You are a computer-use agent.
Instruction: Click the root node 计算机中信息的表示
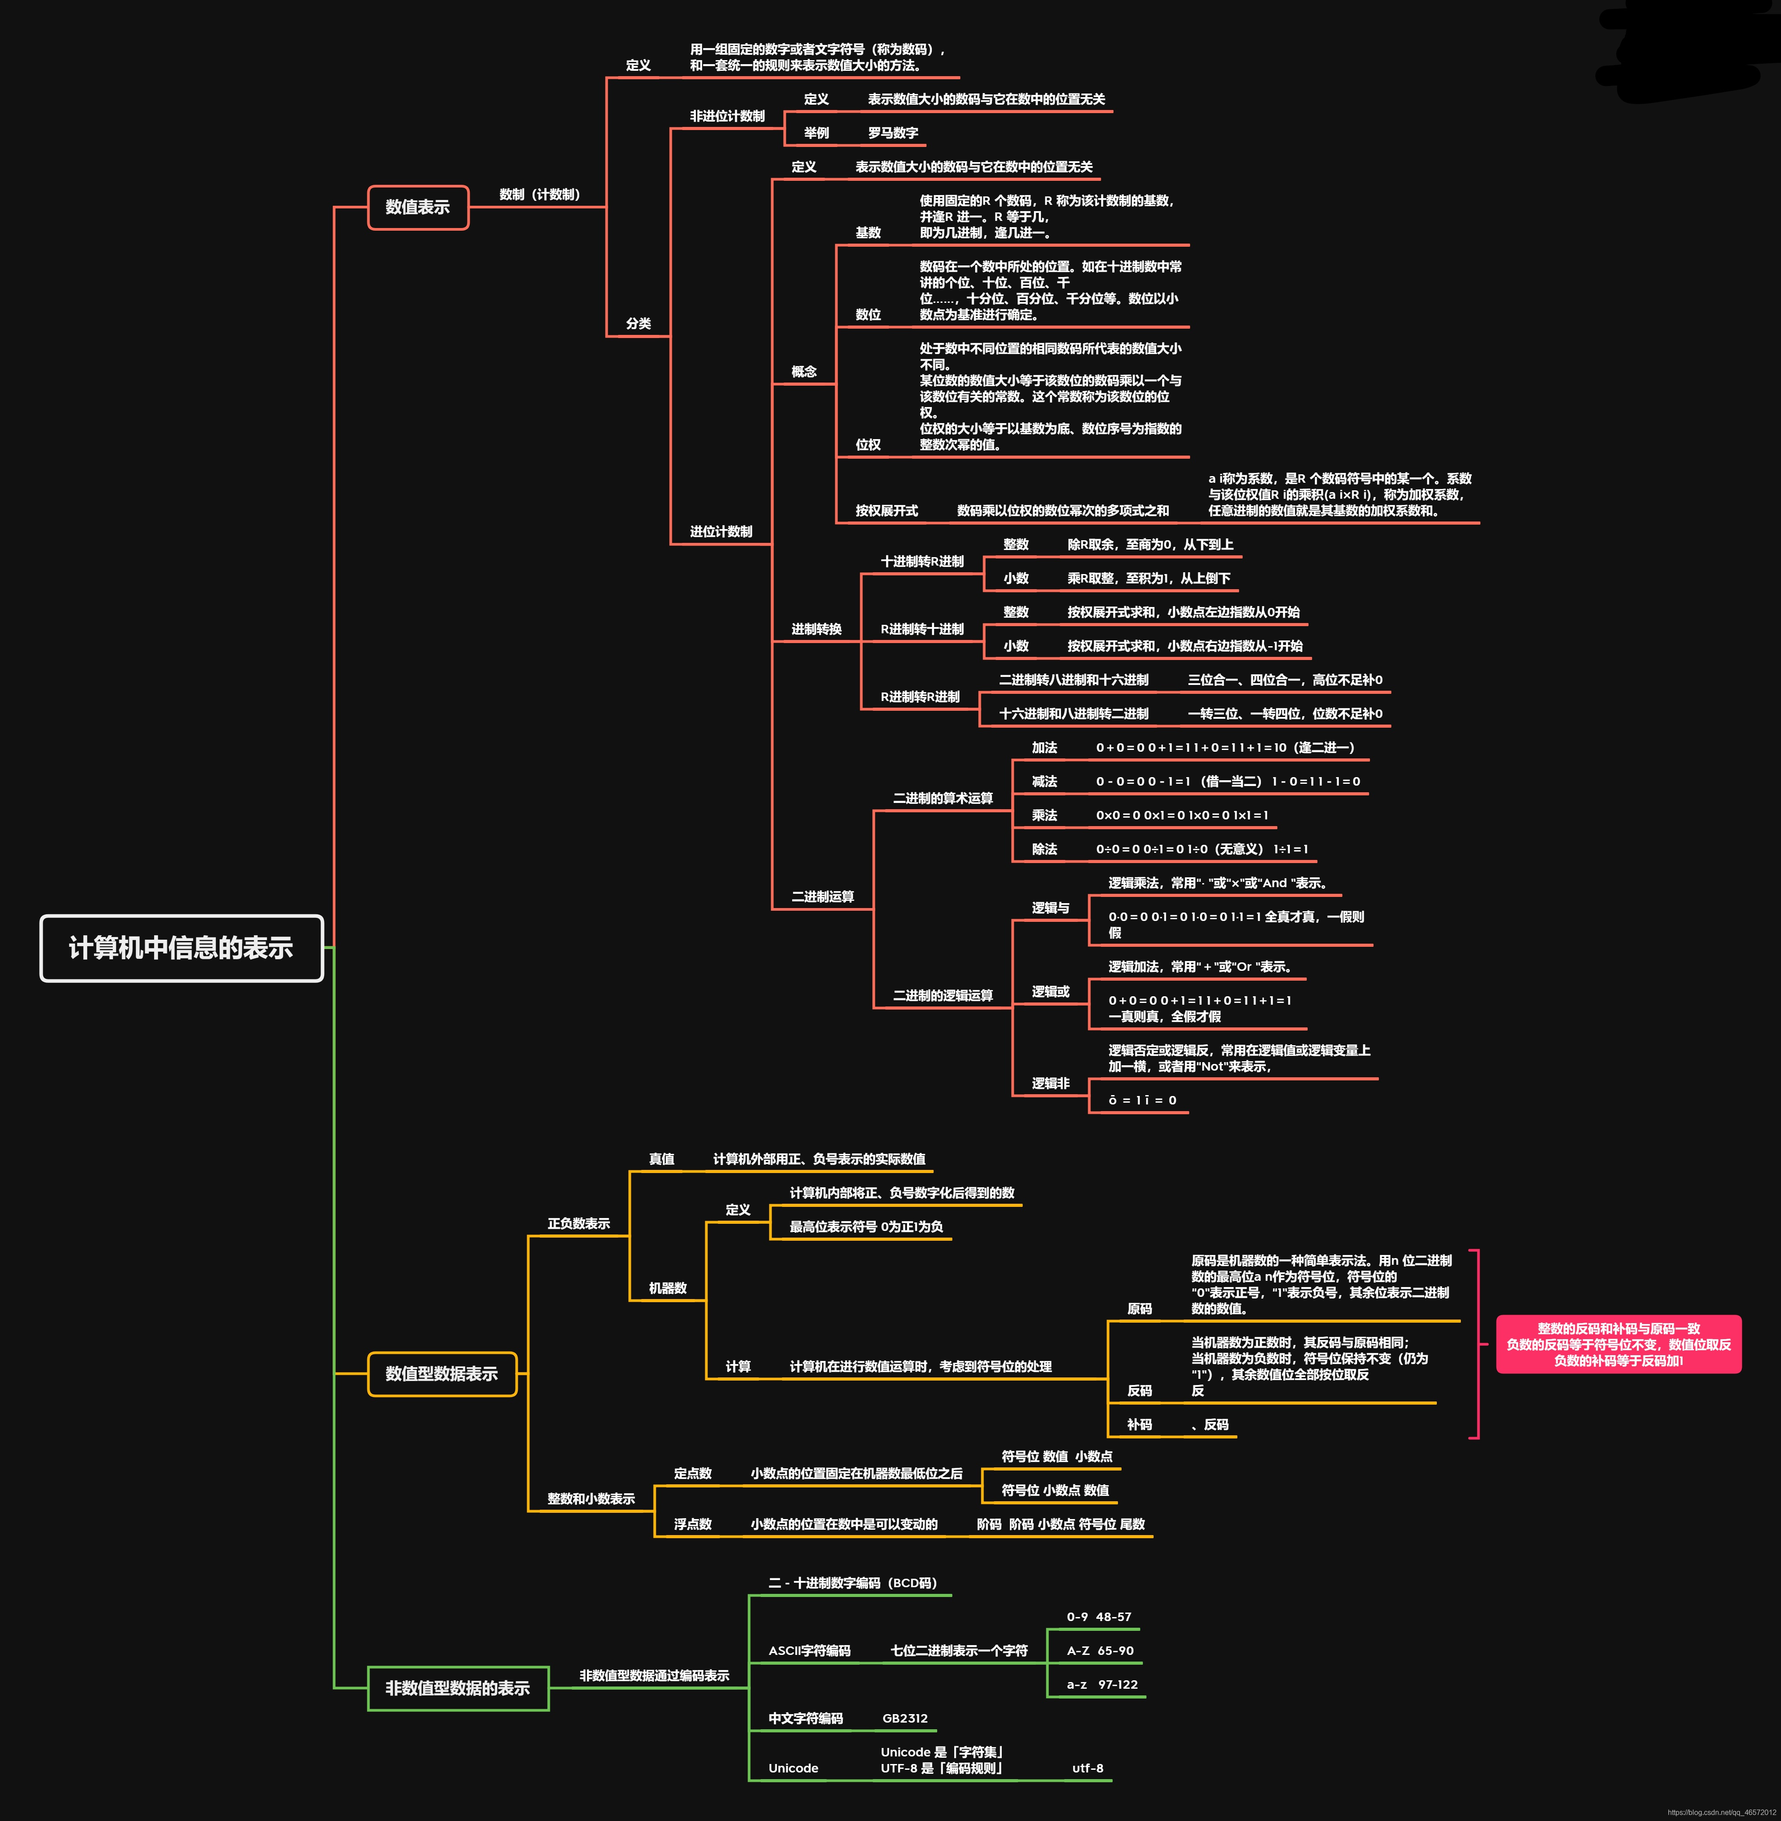click(x=182, y=948)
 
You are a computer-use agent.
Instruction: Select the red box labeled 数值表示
click(x=417, y=207)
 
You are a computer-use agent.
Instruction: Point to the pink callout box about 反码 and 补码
click(x=1618, y=1344)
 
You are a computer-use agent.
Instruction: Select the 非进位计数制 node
click(x=727, y=116)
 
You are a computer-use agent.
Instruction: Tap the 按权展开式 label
click(x=886, y=511)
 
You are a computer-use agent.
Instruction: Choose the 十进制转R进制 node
click(x=921, y=562)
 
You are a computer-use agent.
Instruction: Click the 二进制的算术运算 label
click(x=942, y=798)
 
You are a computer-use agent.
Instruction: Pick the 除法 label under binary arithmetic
click(x=1044, y=849)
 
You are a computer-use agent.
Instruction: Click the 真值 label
click(x=661, y=1158)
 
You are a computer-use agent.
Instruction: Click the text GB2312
click(x=905, y=1718)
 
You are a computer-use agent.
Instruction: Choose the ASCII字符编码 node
click(x=809, y=1651)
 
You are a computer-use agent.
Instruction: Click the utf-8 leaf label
click(x=1087, y=1768)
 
